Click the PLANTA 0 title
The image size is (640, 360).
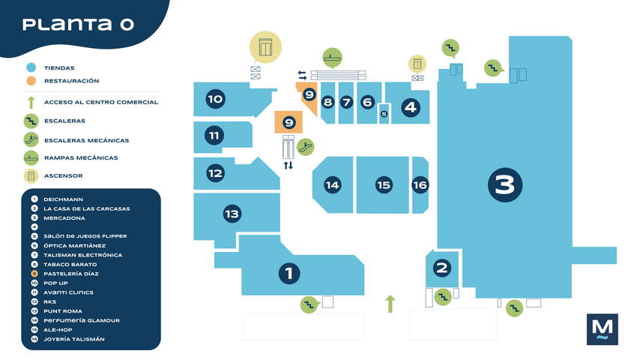78,24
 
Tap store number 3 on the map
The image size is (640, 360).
504,184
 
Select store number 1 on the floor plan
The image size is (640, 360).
289,273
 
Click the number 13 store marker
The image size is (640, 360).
232,214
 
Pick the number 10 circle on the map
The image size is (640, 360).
215,99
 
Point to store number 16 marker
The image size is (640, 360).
420,184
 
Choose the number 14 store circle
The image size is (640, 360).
332,184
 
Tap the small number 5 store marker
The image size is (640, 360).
384,114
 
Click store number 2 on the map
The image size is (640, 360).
442,268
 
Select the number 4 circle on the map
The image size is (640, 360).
410,107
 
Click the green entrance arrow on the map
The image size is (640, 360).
390,304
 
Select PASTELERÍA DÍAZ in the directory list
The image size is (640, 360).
72,274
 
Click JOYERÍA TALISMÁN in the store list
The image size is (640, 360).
74,339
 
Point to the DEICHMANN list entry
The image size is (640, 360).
68,199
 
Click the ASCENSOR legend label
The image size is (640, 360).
63,176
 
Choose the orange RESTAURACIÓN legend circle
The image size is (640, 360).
31,81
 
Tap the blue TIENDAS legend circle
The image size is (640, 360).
31,67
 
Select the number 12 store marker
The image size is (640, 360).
215,173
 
